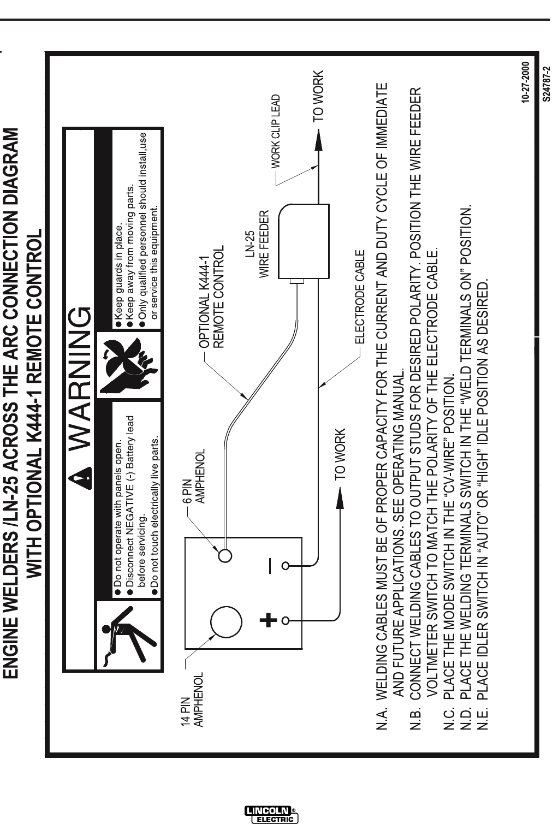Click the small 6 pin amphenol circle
point(225,555)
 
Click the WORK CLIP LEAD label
point(276,131)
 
